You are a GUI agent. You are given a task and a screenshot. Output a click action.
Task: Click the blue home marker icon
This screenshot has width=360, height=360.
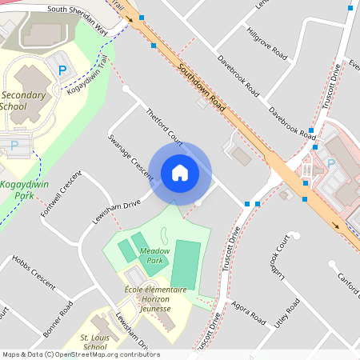180,173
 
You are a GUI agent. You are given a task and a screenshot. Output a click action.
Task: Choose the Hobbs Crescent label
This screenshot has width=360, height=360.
33,272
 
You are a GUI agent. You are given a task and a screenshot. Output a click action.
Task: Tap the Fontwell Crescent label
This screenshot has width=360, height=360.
64,192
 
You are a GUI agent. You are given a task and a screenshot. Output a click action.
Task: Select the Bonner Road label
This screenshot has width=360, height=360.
58,318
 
